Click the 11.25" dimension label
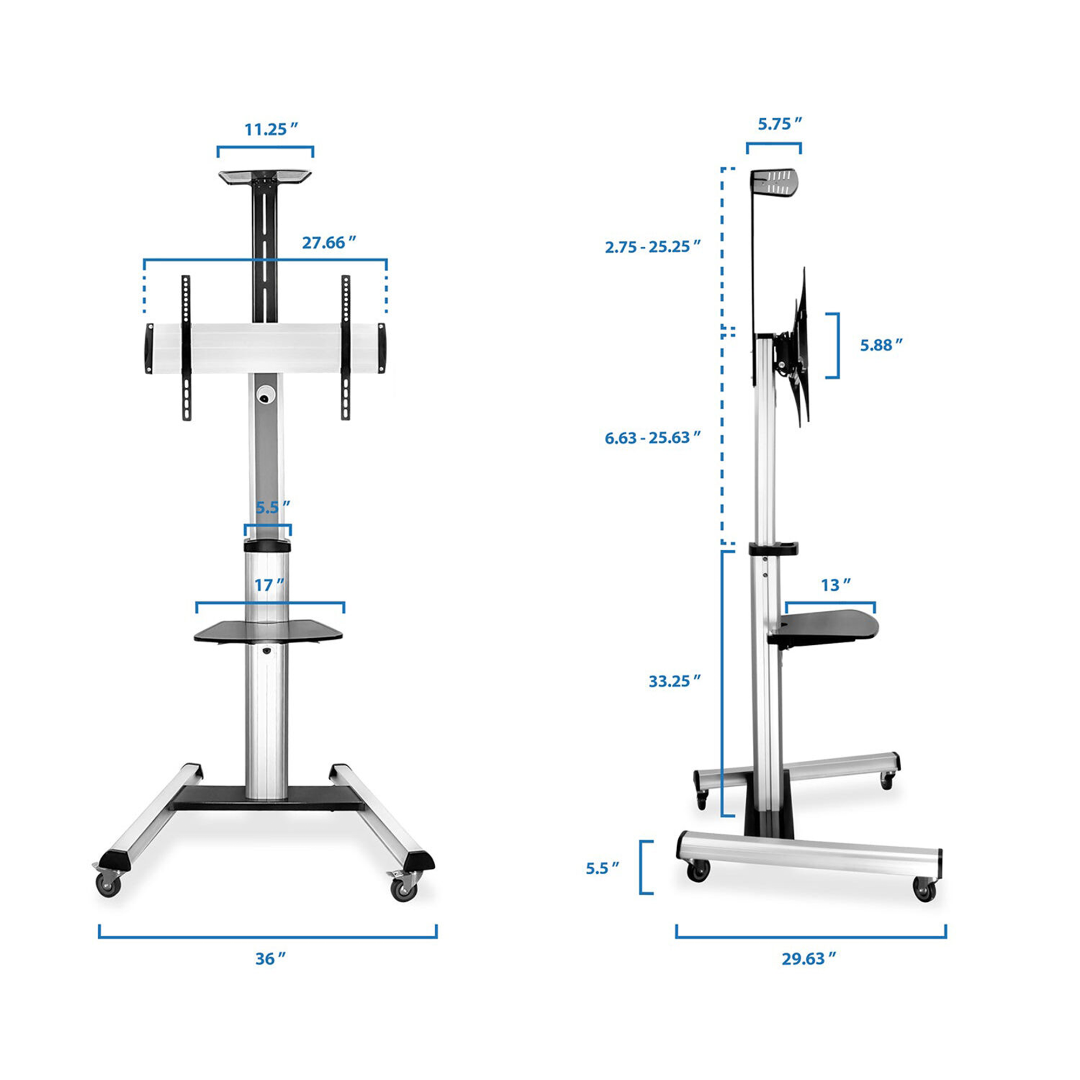[x=271, y=130]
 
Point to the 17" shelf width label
[x=269, y=585]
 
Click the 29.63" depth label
[x=809, y=958]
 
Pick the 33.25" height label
[x=674, y=681]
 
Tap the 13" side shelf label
[x=836, y=585]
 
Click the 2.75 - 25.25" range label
[x=652, y=247]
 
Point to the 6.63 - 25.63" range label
[x=652, y=437]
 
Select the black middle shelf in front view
[x=268, y=632]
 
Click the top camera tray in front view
[x=265, y=177]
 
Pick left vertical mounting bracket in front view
[x=186, y=348]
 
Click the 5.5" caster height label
[x=603, y=868]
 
